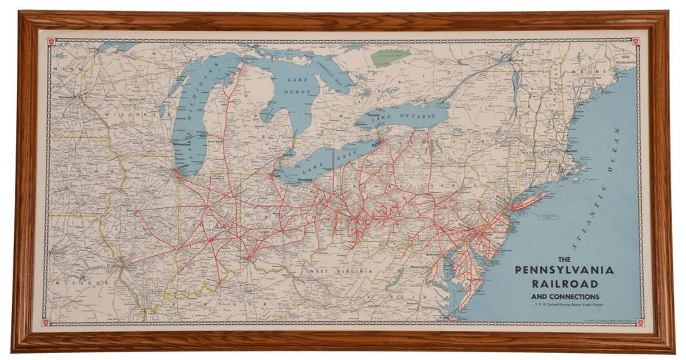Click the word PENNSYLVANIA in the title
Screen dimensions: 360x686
(x=564, y=270)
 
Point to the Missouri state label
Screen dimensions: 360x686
(x=77, y=283)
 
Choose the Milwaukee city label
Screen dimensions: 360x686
(x=182, y=145)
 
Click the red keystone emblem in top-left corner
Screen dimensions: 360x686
(x=51, y=41)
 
